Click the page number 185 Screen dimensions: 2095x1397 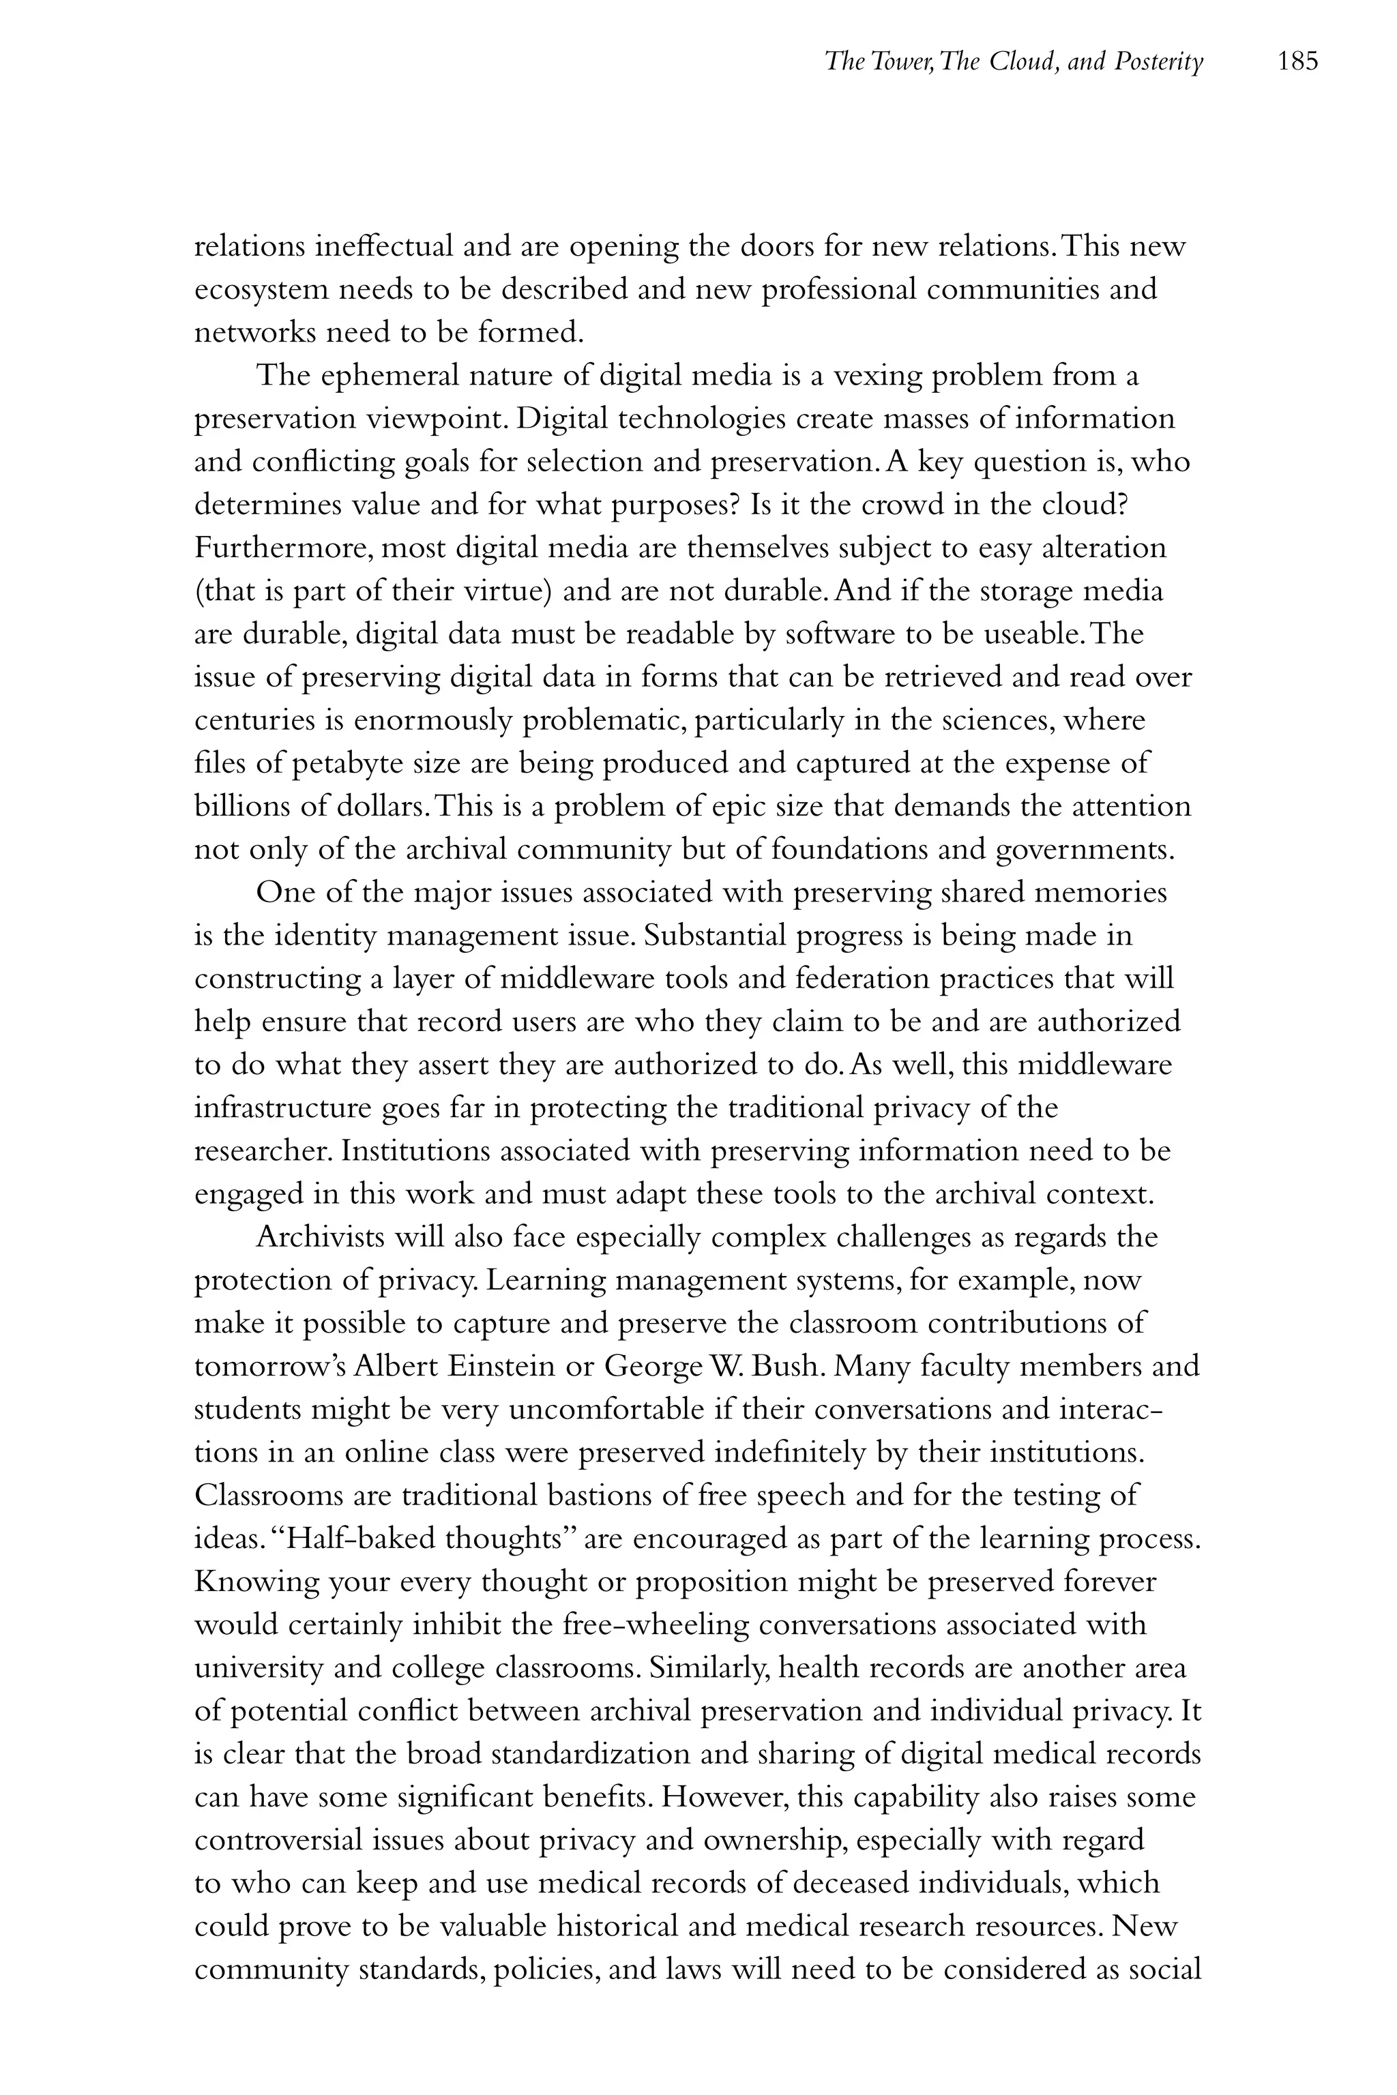pos(1297,61)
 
